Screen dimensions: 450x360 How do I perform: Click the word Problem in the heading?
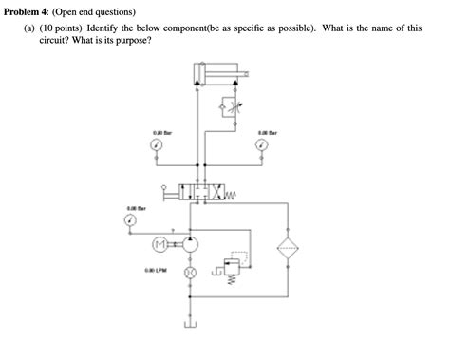click(25, 10)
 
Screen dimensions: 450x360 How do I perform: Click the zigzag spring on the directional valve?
click(231, 195)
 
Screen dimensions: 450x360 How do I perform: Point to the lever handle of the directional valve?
click(171, 194)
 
